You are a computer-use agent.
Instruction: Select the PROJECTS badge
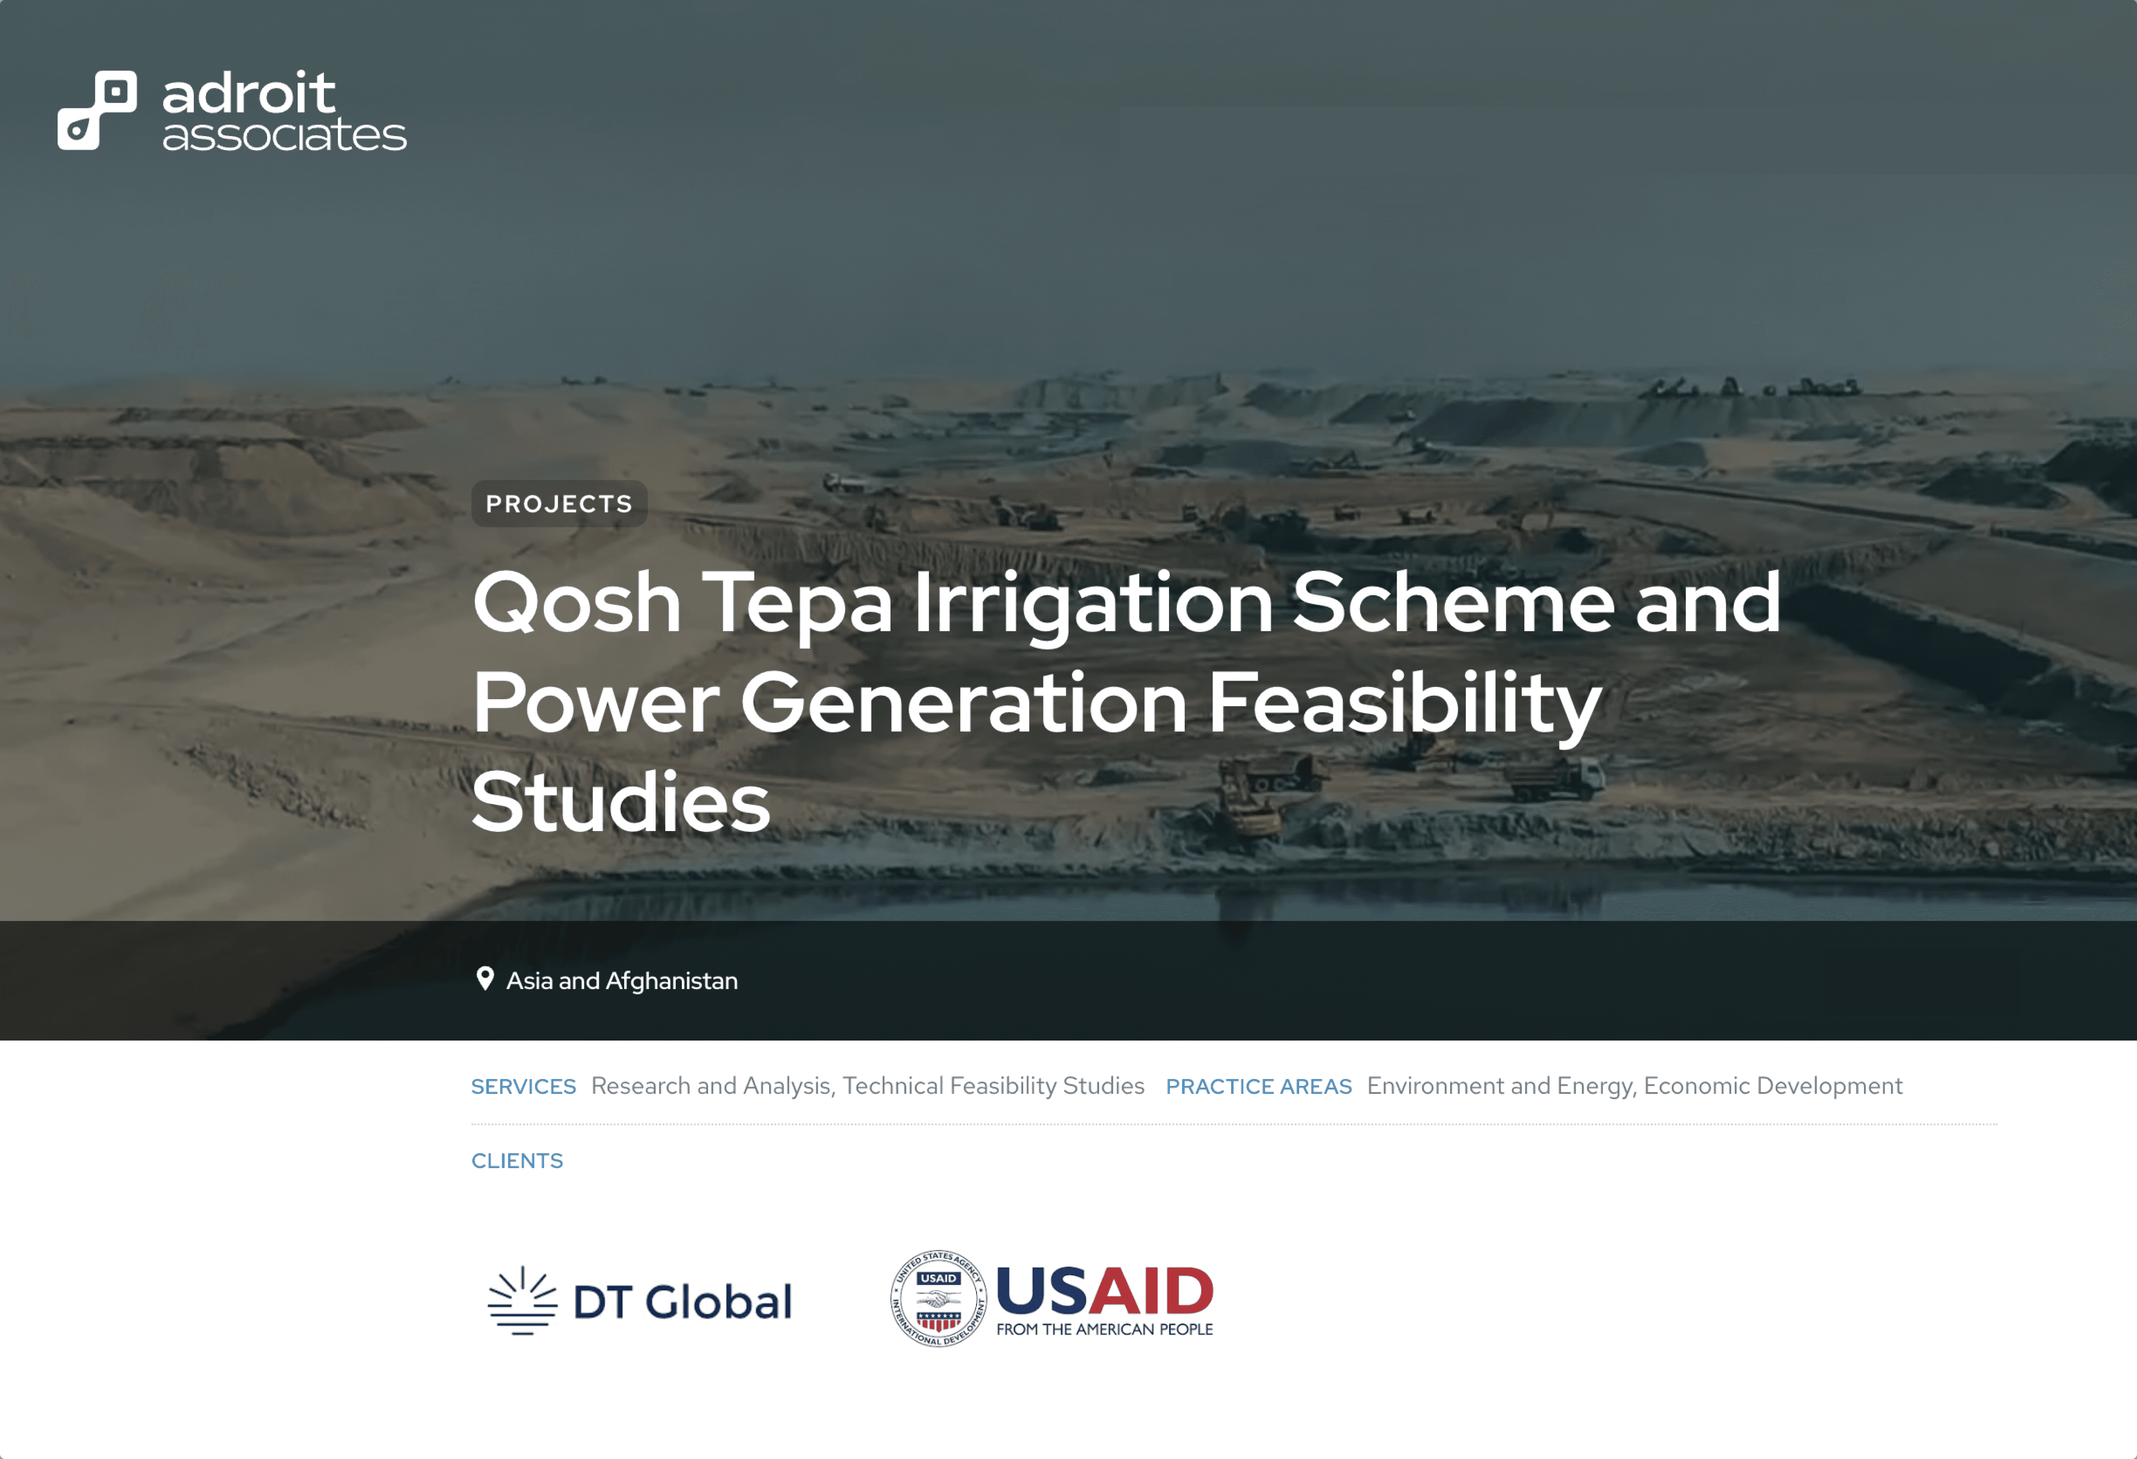pyautogui.click(x=559, y=504)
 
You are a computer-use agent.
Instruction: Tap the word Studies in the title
pyautogui.click(x=621, y=803)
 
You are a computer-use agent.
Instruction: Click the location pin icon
pyautogui.click(x=485, y=979)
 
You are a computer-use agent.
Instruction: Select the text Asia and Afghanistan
pyautogui.click(x=622, y=981)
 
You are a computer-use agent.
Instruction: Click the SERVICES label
pyautogui.click(x=523, y=1087)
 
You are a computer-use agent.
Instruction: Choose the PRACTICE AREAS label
pyautogui.click(x=1259, y=1087)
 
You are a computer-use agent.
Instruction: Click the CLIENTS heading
pyautogui.click(x=517, y=1161)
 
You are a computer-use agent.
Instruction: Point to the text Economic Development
pyautogui.click(x=1773, y=1087)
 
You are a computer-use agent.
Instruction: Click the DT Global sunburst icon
pyautogui.click(x=522, y=1301)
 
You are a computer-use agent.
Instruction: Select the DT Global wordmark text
pyautogui.click(x=682, y=1302)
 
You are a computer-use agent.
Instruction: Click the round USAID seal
pyautogui.click(x=938, y=1298)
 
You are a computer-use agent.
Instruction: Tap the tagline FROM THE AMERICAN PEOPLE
pyautogui.click(x=1105, y=1329)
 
